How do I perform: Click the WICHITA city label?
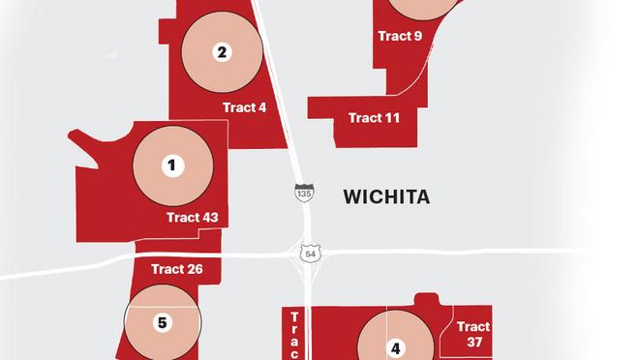(x=386, y=197)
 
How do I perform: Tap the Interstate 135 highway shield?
(x=304, y=192)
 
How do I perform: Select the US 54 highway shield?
(x=309, y=252)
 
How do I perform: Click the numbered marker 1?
(x=171, y=165)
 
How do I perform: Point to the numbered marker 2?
(x=222, y=51)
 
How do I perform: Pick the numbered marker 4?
(x=395, y=348)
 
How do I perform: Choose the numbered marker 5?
(x=163, y=322)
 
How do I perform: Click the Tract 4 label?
(x=244, y=107)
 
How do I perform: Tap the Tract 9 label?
(x=400, y=37)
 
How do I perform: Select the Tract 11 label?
(x=374, y=118)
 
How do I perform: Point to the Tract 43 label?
(x=192, y=218)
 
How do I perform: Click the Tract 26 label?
(x=177, y=268)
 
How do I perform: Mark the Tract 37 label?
(x=473, y=335)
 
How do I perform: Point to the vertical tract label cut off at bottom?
(x=295, y=335)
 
